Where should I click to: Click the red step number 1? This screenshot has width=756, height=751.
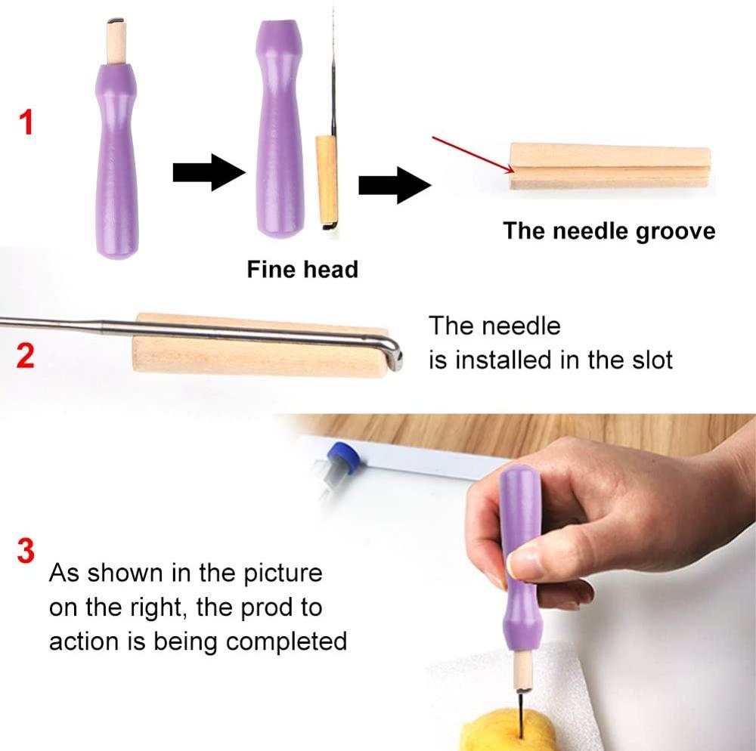[x=26, y=122]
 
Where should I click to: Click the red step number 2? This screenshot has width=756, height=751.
[x=26, y=355]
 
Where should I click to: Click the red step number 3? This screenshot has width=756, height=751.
[x=26, y=551]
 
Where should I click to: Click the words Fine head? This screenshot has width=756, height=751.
[x=302, y=269]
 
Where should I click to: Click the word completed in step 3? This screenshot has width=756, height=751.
[x=287, y=641]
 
